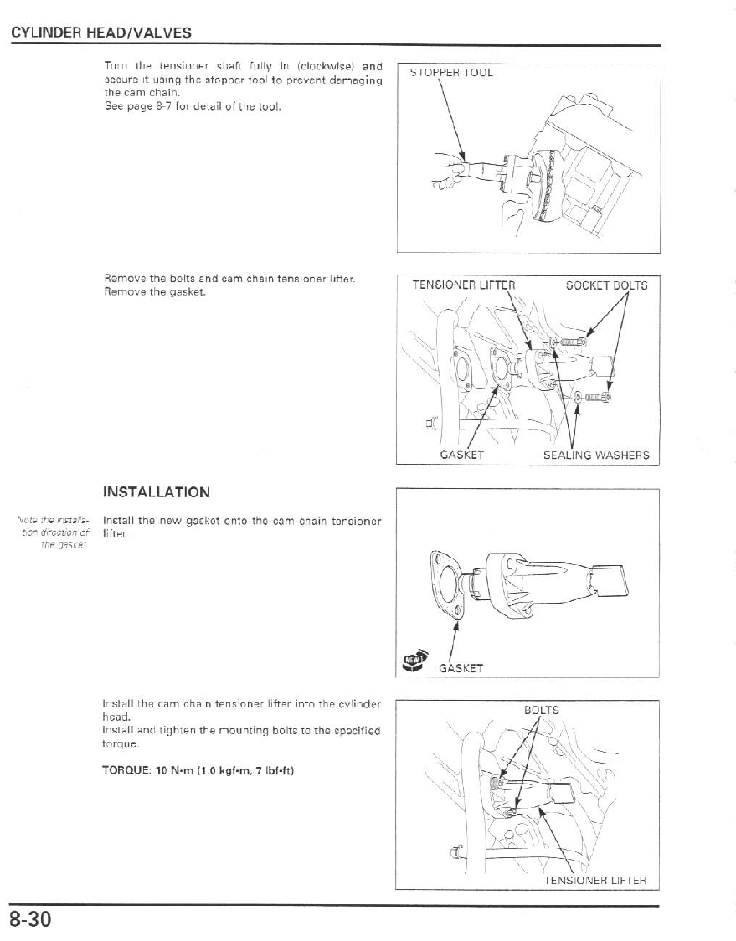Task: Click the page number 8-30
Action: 31,919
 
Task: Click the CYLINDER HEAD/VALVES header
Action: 101,33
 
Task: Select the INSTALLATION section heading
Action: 156,491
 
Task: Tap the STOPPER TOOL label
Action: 451,73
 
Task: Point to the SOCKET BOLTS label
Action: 606,285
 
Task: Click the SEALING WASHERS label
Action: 596,455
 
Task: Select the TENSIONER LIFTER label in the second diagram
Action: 463,285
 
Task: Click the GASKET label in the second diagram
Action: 461,455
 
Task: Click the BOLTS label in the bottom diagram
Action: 541,711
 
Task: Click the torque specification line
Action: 196,771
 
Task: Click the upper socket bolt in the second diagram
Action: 574,341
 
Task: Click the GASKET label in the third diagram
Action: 461,668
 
